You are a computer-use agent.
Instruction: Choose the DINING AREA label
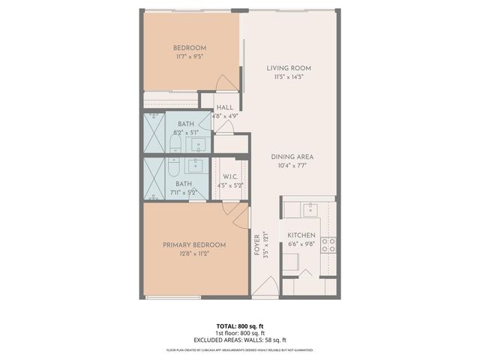click(292, 157)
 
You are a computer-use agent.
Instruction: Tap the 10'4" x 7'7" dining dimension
click(292, 166)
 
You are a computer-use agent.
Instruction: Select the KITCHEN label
click(302, 235)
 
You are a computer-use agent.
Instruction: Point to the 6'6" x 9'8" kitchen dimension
click(302, 244)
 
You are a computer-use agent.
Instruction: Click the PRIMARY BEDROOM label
click(194, 244)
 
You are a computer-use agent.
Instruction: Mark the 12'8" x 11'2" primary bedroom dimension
click(194, 253)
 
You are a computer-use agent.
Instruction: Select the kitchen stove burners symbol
click(328, 243)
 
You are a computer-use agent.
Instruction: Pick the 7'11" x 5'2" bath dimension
click(184, 192)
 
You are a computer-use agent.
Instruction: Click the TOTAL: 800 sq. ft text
click(240, 325)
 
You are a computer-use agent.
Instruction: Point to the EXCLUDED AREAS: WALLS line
click(240, 340)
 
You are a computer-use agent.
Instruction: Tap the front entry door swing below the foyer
click(263, 289)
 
